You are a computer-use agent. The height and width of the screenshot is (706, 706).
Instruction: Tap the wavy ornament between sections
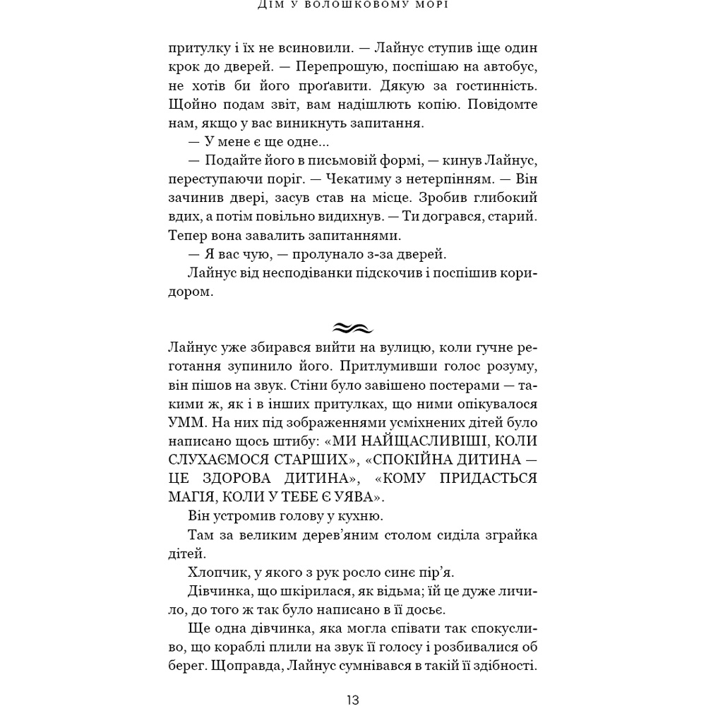coord(352,328)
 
